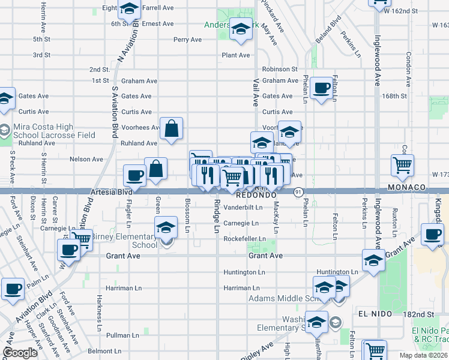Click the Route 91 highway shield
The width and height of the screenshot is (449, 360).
298,191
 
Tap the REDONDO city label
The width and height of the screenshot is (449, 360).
256,196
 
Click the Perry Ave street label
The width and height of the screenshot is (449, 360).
187,40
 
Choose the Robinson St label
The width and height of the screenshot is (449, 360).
280,70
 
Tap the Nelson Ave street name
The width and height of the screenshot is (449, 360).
86,159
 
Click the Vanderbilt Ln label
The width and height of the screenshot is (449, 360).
243,208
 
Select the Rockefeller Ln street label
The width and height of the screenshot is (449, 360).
244,239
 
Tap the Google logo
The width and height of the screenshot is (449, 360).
20,352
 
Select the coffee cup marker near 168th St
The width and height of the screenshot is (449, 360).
322,88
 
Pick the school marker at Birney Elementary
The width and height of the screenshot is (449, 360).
166,228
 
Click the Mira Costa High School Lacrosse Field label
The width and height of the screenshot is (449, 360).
53,131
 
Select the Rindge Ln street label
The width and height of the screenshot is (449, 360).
216,216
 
